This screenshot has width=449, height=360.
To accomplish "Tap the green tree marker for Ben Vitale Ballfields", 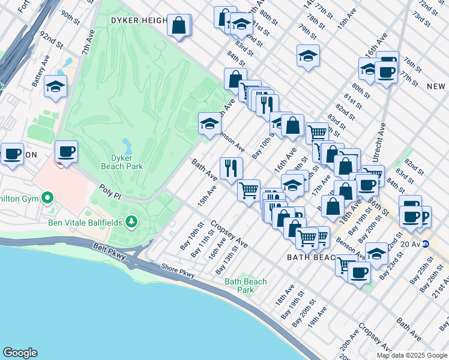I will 131,223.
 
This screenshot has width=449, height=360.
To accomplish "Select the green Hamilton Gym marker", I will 47,198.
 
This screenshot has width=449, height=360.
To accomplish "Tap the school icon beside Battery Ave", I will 55,87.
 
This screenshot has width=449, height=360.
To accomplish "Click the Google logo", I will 20,353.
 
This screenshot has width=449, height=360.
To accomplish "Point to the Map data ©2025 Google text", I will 411,355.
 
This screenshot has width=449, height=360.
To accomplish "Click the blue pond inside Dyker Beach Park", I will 127,146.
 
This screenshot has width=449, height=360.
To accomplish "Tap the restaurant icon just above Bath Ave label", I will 231,168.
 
